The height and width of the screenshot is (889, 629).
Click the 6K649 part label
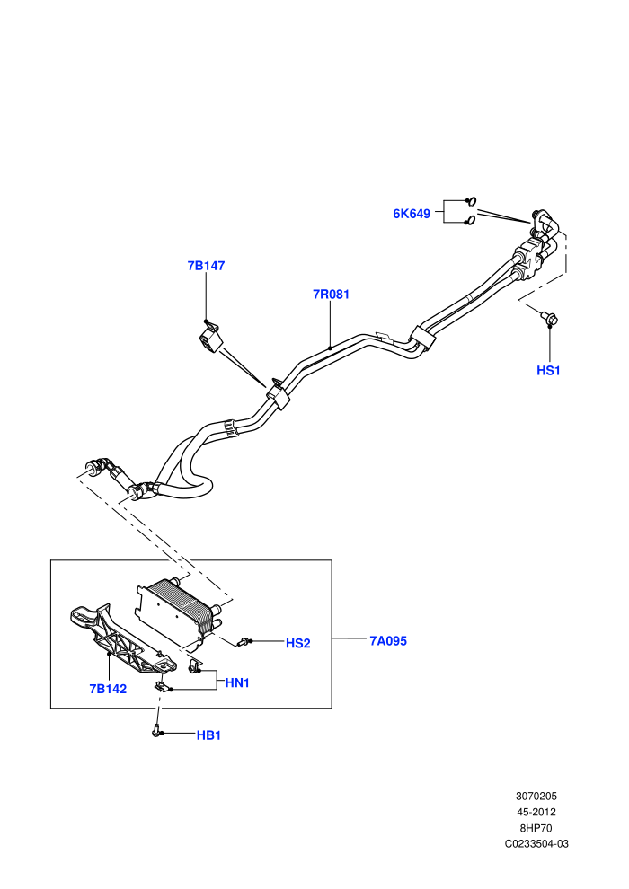[412, 214]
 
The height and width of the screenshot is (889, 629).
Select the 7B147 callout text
[207, 266]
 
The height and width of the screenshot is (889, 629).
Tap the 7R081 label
[332, 295]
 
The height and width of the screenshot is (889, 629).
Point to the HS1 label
[548, 370]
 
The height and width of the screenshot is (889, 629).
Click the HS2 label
[297, 643]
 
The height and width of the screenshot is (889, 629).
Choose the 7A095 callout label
[388, 640]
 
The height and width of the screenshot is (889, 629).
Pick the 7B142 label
[108, 689]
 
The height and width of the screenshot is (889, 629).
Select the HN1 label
[237, 683]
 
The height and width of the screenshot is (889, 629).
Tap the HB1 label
[208, 735]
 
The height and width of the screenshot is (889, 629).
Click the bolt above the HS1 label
[548, 318]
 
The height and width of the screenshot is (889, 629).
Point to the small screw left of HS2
[244, 642]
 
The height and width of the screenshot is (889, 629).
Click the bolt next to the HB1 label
[156, 730]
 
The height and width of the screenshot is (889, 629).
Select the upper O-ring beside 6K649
[471, 200]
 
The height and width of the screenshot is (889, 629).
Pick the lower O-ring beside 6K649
[470, 221]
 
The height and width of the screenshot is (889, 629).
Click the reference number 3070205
[536, 796]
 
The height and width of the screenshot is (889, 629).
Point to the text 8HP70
[536, 828]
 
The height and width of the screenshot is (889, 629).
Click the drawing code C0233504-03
[536, 843]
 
